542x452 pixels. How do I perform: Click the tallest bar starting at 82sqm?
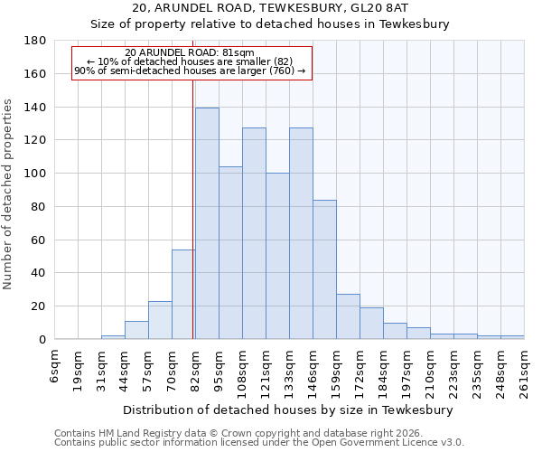(207, 223)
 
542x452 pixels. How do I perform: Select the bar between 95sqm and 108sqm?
(230, 253)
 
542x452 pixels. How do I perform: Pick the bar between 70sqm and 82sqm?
(183, 294)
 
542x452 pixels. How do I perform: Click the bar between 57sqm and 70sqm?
(160, 320)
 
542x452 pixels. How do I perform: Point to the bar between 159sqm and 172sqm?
(348, 316)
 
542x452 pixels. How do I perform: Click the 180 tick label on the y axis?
(35, 41)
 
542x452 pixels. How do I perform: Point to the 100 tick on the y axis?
(35, 174)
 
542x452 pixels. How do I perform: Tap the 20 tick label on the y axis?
(39, 306)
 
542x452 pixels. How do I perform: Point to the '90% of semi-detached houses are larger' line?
(190, 71)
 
